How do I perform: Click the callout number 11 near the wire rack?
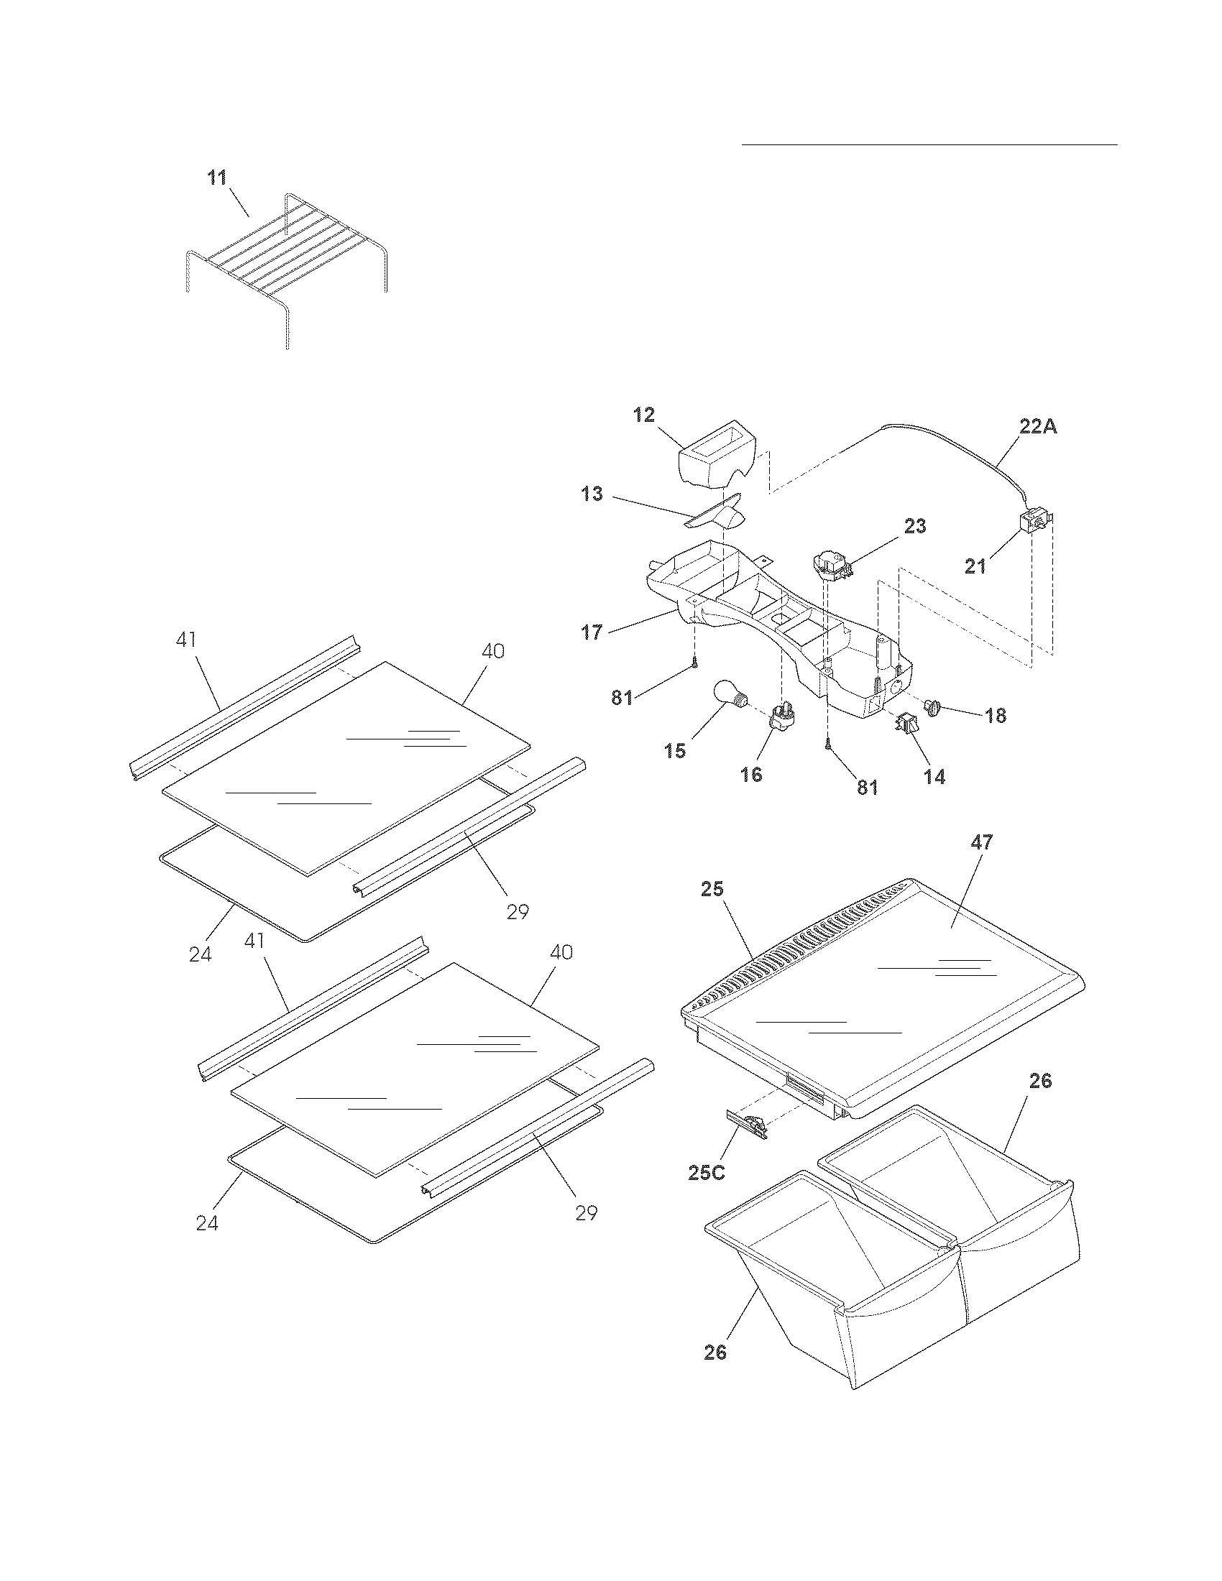(218, 178)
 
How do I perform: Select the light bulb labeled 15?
(728, 695)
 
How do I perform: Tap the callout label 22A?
(1038, 426)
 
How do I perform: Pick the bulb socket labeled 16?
(781, 718)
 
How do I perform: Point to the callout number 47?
(982, 842)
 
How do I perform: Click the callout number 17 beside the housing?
(592, 632)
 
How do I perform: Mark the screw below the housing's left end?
(694, 661)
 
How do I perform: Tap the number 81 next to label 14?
(868, 788)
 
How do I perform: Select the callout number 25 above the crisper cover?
(712, 889)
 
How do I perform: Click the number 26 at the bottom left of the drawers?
(715, 1352)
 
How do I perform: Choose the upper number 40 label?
(493, 651)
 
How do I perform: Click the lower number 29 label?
(587, 1212)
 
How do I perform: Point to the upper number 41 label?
(186, 639)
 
